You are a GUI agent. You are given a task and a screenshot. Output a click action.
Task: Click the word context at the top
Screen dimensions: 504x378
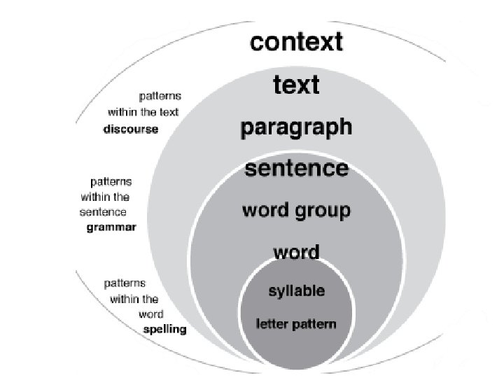pyautogui.click(x=297, y=42)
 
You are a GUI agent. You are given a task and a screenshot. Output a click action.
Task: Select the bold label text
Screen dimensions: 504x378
pyautogui.click(x=296, y=85)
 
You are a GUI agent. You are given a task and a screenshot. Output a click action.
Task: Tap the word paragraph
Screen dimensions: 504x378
pyautogui.click(x=296, y=128)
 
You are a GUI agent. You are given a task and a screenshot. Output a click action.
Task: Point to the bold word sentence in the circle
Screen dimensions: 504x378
pyautogui.click(x=296, y=169)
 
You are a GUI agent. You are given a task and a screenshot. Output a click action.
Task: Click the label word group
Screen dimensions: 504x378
pyautogui.click(x=296, y=211)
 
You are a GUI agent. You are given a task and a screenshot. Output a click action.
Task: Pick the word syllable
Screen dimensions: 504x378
pyautogui.click(x=297, y=290)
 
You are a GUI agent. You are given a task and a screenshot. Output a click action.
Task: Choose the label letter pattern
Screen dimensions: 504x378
pyautogui.click(x=295, y=324)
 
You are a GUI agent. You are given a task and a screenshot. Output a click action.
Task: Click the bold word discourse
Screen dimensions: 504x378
pyautogui.click(x=131, y=129)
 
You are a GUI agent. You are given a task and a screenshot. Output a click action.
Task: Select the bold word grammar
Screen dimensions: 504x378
pyautogui.click(x=111, y=227)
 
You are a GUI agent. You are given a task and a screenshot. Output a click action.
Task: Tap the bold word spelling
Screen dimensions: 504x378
pyautogui.click(x=164, y=329)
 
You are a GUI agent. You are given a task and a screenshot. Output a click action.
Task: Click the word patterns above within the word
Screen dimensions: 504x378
pyautogui.click(x=125, y=283)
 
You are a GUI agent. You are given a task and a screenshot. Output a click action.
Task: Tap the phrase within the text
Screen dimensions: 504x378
pyautogui.click(x=143, y=112)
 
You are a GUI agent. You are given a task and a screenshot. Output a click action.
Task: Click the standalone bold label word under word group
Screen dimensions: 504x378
pyautogui.click(x=296, y=252)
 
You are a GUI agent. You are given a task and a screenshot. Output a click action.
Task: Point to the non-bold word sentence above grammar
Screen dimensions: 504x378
pyautogui.click(x=104, y=212)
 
